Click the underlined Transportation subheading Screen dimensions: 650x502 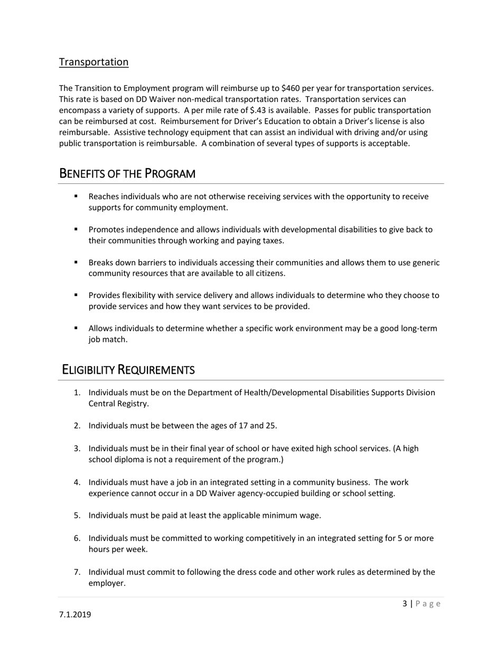(94, 62)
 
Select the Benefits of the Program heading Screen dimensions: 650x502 (127, 173)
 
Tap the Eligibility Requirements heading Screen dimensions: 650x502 (128, 369)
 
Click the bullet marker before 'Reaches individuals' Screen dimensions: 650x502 (76, 196)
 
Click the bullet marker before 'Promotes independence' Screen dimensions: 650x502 (76, 229)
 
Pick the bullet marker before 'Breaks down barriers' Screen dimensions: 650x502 (76, 262)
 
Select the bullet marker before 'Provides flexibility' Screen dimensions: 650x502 (76, 295)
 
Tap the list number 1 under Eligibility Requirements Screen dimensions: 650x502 (77, 393)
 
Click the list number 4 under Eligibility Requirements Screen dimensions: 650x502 (77, 482)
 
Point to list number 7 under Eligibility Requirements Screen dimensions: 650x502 (77, 572)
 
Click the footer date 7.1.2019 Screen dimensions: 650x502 (75, 615)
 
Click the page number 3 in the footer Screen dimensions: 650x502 (405, 603)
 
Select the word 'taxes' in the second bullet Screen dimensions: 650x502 (272, 240)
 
